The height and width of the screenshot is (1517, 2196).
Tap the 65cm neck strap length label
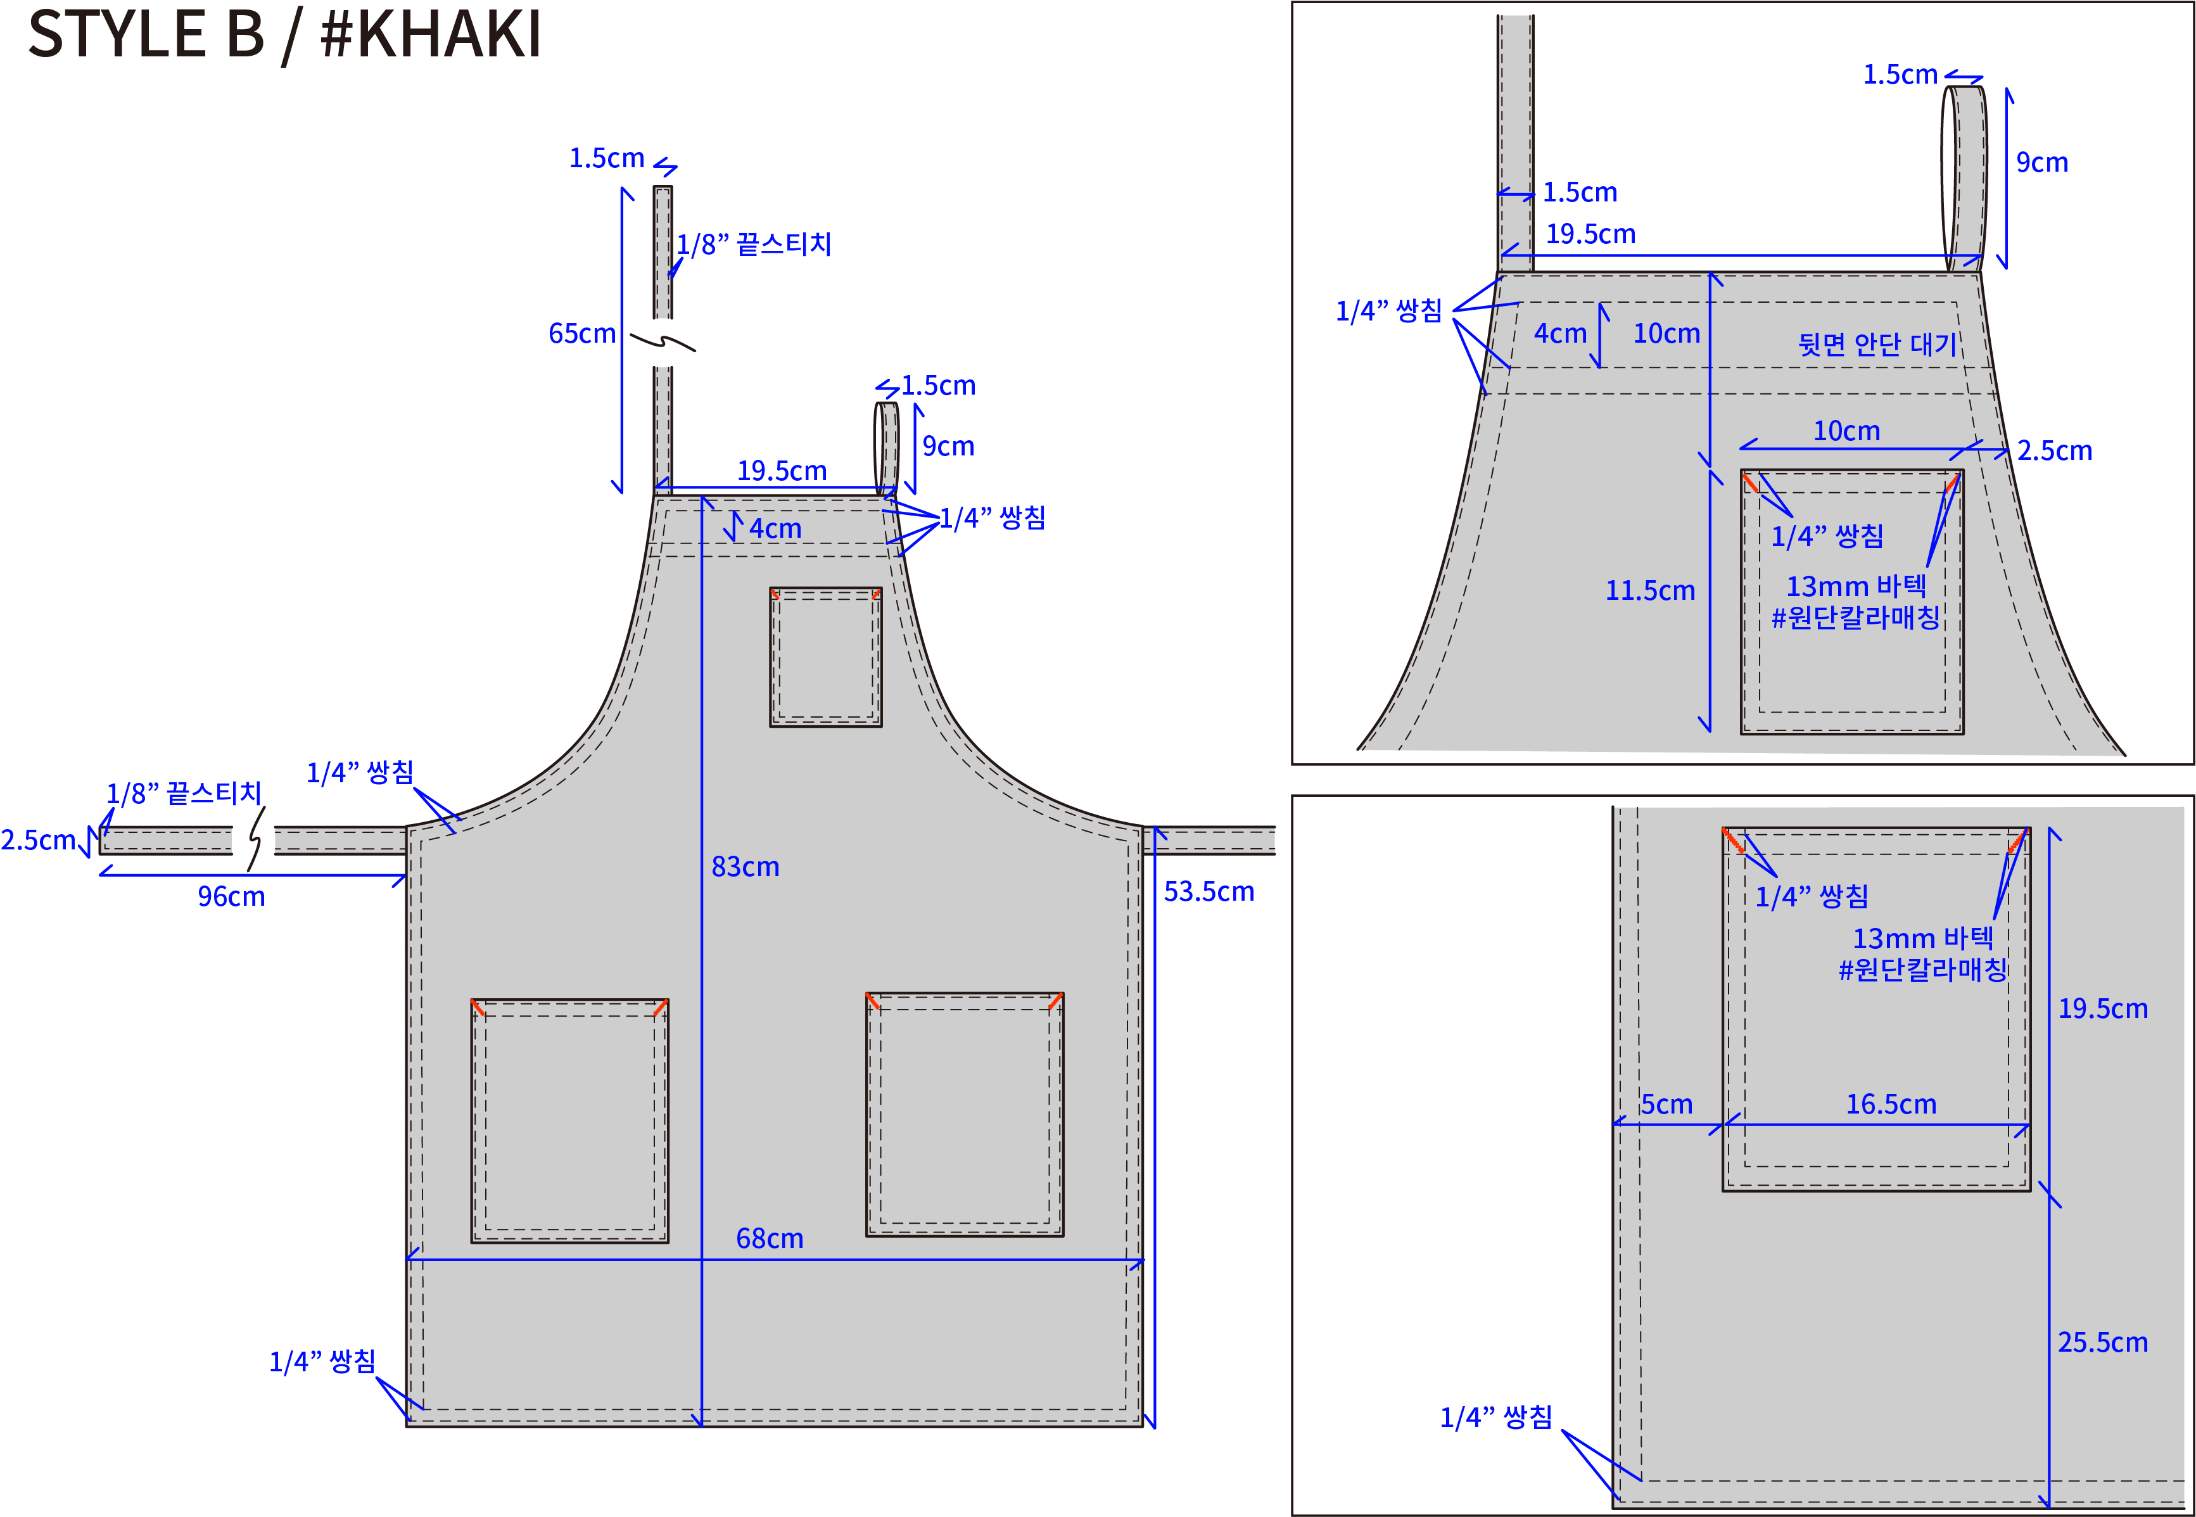click(x=581, y=334)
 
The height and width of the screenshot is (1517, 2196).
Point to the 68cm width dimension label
click(x=770, y=1238)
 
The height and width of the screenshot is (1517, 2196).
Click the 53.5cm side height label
click(x=1209, y=892)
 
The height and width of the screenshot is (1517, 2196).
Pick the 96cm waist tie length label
click(x=231, y=896)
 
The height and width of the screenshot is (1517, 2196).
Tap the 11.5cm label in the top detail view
click(x=1649, y=590)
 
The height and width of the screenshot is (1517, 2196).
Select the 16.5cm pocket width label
click(x=1891, y=1105)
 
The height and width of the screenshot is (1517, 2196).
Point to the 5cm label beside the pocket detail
click(x=1666, y=1105)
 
